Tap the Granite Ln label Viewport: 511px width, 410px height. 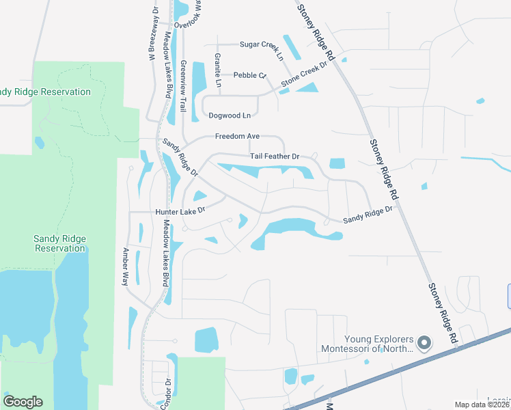(x=218, y=70)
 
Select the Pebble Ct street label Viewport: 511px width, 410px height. (x=249, y=75)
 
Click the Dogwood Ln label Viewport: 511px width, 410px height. (x=229, y=115)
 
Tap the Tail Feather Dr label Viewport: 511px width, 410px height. (x=275, y=156)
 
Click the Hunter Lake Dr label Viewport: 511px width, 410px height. (x=180, y=212)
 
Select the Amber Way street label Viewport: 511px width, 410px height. (x=125, y=266)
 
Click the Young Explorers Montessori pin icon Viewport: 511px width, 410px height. (x=424, y=342)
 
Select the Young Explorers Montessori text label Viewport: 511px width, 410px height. (x=369, y=344)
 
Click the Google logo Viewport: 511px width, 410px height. (x=23, y=402)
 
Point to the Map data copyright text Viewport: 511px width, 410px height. (x=482, y=405)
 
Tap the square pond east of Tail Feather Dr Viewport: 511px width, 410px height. (x=337, y=163)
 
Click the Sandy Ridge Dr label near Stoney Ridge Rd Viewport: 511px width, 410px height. (x=370, y=215)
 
